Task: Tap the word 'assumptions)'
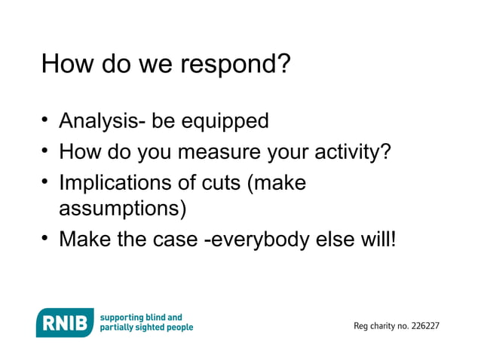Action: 123,207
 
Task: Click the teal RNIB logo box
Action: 65,322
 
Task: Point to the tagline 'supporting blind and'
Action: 141,317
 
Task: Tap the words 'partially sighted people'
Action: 147,328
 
